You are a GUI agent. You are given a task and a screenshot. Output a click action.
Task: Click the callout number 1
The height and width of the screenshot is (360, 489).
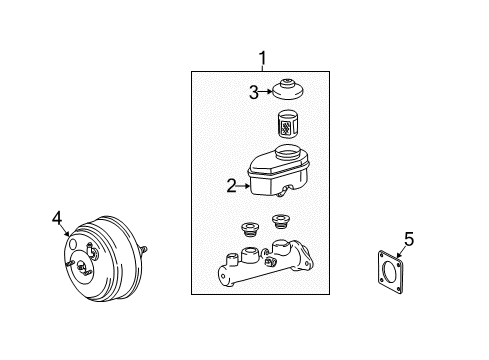pyautogui.click(x=262, y=57)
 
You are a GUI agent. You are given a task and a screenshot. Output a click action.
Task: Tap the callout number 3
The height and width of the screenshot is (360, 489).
pyautogui.click(x=254, y=93)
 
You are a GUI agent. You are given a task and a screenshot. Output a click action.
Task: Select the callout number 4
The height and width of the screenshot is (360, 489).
pyautogui.click(x=57, y=216)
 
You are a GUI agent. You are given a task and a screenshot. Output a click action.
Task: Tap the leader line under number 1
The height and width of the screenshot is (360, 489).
pyautogui.click(x=262, y=68)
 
